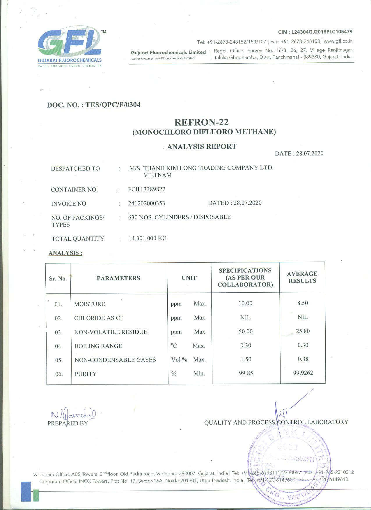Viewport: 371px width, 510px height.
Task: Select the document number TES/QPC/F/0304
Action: point(113,105)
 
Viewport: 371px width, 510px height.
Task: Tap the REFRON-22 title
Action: point(201,122)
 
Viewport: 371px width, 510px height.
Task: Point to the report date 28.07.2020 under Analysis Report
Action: point(310,153)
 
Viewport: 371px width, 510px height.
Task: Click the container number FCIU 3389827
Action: point(147,189)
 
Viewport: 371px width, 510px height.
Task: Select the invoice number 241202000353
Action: point(146,203)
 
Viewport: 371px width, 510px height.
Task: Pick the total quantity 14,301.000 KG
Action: point(148,239)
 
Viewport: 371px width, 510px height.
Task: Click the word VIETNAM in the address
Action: point(157,175)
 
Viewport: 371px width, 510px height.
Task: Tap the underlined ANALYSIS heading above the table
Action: point(65,253)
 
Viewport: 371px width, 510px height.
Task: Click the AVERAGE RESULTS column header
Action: point(302,277)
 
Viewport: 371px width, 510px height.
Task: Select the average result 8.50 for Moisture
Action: point(303,303)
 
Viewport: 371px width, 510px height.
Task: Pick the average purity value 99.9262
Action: point(303,373)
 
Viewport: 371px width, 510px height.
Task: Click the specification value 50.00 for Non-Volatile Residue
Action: point(246,331)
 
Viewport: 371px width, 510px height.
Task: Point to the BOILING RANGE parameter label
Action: point(98,346)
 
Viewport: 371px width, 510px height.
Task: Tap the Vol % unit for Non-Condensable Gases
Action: point(179,360)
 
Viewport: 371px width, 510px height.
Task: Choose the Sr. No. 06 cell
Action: point(59,374)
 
